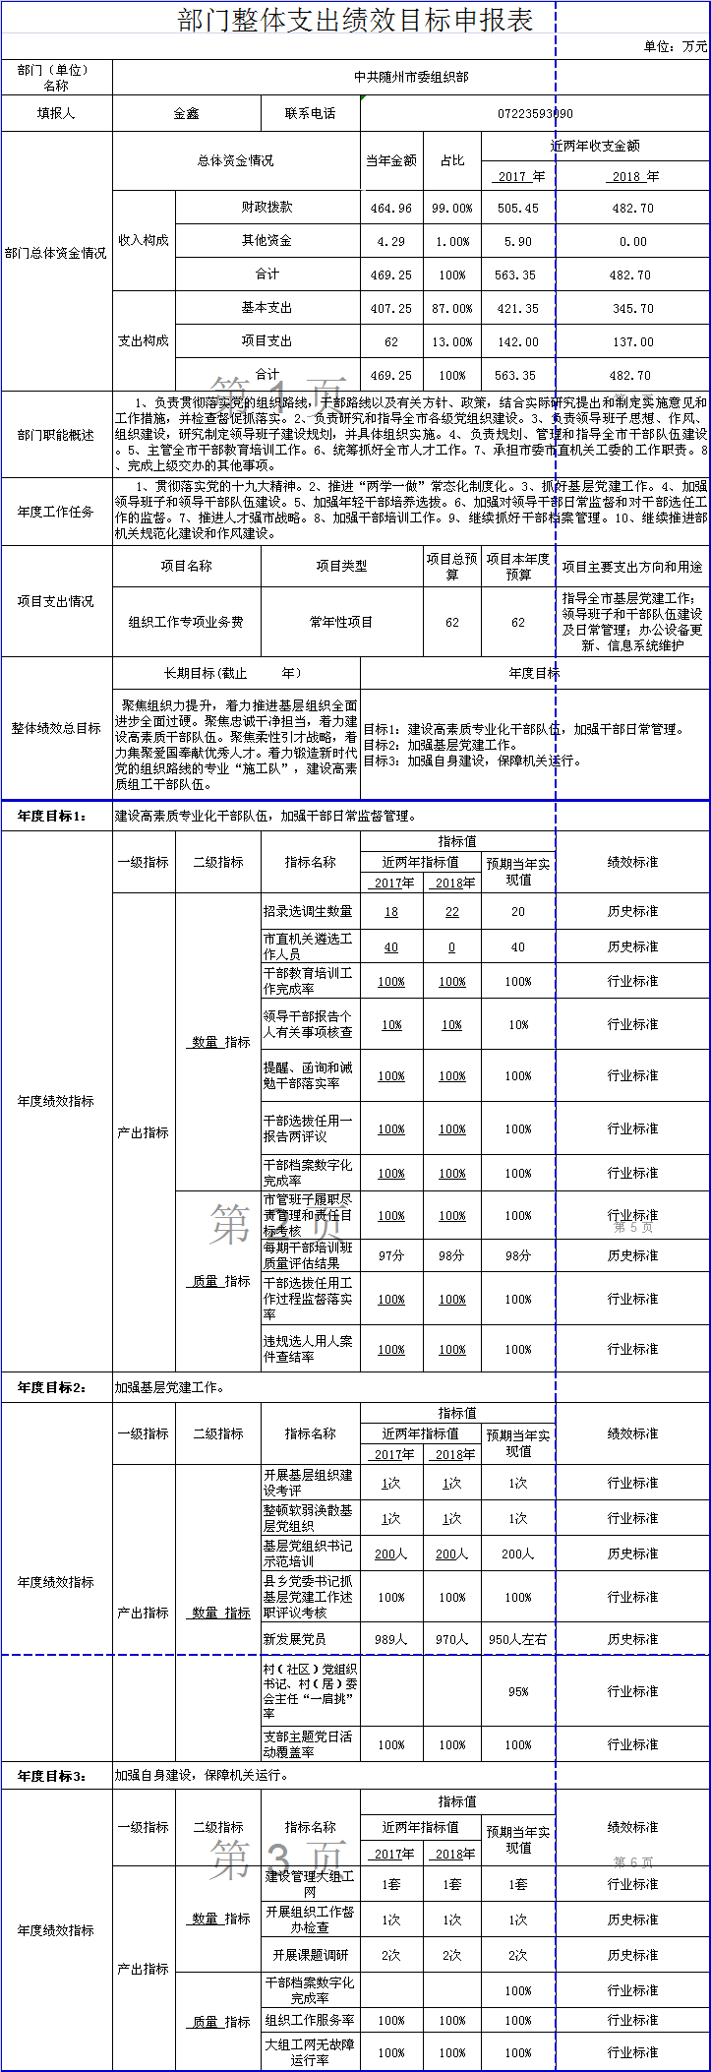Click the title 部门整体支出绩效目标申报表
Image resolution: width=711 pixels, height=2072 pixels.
pos(355,20)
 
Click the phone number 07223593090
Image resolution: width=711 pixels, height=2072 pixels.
pos(535,114)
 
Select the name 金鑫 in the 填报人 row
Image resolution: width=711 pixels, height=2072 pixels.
pos(186,114)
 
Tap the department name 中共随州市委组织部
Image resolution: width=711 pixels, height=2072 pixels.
pos(411,77)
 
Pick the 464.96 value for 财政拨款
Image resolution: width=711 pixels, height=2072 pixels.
pos(391,209)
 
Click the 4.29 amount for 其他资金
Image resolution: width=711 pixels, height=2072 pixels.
pos(391,242)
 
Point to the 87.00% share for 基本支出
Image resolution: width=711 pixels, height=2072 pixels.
pos(452,309)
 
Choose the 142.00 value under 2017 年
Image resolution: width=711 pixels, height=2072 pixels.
pos(518,342)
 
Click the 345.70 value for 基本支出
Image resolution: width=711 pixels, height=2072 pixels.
pos(632,309)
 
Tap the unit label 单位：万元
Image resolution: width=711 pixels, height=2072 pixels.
pos(675,46)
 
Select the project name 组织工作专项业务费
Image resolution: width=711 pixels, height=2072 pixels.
pos(186,622)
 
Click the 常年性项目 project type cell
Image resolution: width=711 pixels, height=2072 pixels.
pos(341,622)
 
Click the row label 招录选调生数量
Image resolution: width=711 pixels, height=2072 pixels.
pos(308,911)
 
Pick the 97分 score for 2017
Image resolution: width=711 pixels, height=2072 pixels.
pos(391,1255)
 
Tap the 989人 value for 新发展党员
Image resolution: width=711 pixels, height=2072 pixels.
pos(391,1639)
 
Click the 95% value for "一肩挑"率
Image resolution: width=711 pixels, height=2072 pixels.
pos(518,1692)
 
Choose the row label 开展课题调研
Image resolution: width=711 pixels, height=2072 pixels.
pos(311,1955)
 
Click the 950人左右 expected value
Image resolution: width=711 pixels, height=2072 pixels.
pos(518,1639)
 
